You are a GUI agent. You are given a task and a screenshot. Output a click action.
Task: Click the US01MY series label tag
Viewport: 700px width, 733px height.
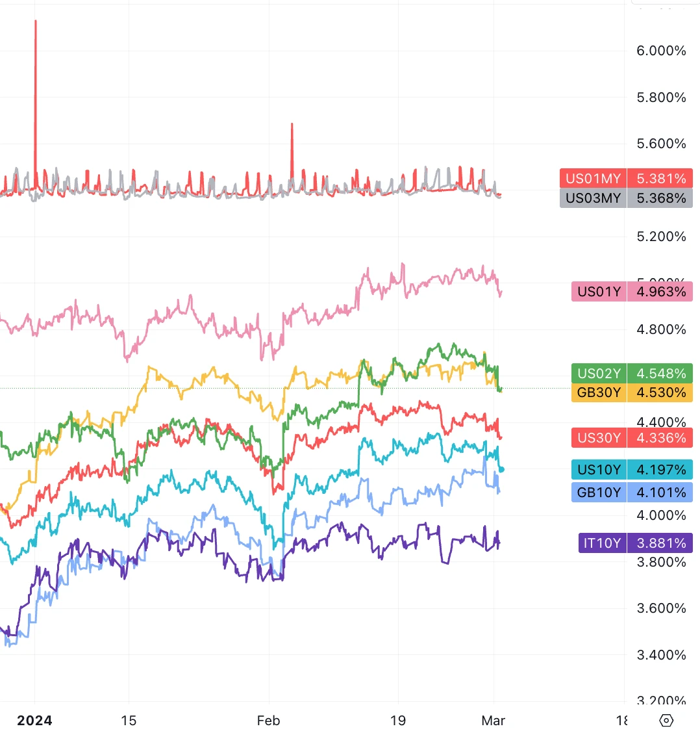pyautogui.click(x=593, y=179)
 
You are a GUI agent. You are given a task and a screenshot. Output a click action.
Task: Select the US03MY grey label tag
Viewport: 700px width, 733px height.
pyautogui.click(x=593, y=198)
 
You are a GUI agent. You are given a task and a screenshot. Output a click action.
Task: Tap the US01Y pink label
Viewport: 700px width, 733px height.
pyautogui.click(x=599, y=292)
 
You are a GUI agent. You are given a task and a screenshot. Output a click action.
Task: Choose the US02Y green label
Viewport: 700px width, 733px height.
pyautogui.click(x=599, y=374)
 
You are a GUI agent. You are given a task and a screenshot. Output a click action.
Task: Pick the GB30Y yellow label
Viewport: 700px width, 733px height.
pyautogui.click(x=599, y=392)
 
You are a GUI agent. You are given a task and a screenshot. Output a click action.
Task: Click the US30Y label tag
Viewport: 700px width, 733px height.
pyautogui.click(x=599, y=438)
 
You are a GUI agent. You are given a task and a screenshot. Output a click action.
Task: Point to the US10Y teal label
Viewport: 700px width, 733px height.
pyautogui.click(x=599, y=470)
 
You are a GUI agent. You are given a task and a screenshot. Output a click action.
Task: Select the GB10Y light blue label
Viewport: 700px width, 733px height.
pyautogui.click(x=599, y=493)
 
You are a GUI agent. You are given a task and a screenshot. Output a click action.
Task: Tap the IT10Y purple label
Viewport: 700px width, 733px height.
pyautogui.click(x=602, y=543)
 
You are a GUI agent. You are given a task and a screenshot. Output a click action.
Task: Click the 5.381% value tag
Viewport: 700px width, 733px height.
pyautogui.click(x=661, y=179)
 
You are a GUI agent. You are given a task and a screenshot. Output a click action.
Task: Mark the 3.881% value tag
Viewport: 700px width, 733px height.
pyautogui.click(x=661, y=543)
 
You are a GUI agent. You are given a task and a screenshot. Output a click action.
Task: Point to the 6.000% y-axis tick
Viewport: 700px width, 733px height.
pyautogui.click(x=661, y=51)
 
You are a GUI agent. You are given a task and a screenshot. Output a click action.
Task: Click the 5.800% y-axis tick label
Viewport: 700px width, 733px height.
pyautogui.click(x=661, y=97)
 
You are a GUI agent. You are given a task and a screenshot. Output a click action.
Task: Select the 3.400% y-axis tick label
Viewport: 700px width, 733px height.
pyautogui.click(x=661, y=655)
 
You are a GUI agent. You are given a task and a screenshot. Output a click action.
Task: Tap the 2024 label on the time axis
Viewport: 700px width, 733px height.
pyautogui.click(x=34, y=721)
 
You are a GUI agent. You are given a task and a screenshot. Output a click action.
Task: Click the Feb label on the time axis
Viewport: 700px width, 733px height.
pyautogui.click(x=268, y=721)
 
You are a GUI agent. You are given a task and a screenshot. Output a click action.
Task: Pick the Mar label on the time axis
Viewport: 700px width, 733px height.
pyautogui.click(x=494, y=721)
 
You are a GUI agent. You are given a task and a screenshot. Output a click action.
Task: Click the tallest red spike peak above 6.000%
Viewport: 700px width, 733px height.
pyautogui.click(x=36, y=21)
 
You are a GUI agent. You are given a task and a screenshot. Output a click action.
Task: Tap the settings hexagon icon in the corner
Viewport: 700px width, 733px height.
pyautogui.click(x=666, y=721)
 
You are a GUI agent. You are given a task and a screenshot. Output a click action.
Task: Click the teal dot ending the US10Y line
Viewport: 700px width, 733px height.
pyautogui.click(x=501, y=469)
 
